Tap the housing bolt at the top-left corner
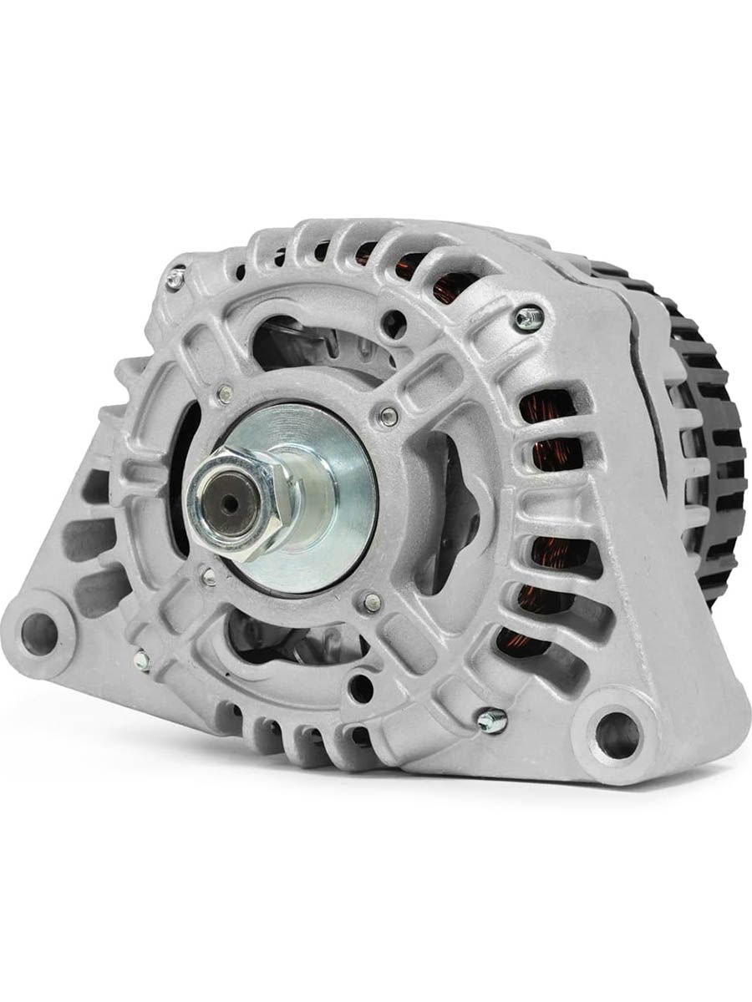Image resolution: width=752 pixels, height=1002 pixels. point(175,280)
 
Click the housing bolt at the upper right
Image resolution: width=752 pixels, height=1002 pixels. point(527,317)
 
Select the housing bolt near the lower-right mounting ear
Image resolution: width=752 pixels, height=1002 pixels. point(491,720)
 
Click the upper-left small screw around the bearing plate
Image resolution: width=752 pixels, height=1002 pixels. point(224,392)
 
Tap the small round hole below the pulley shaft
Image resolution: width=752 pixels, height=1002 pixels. point(360,686)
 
